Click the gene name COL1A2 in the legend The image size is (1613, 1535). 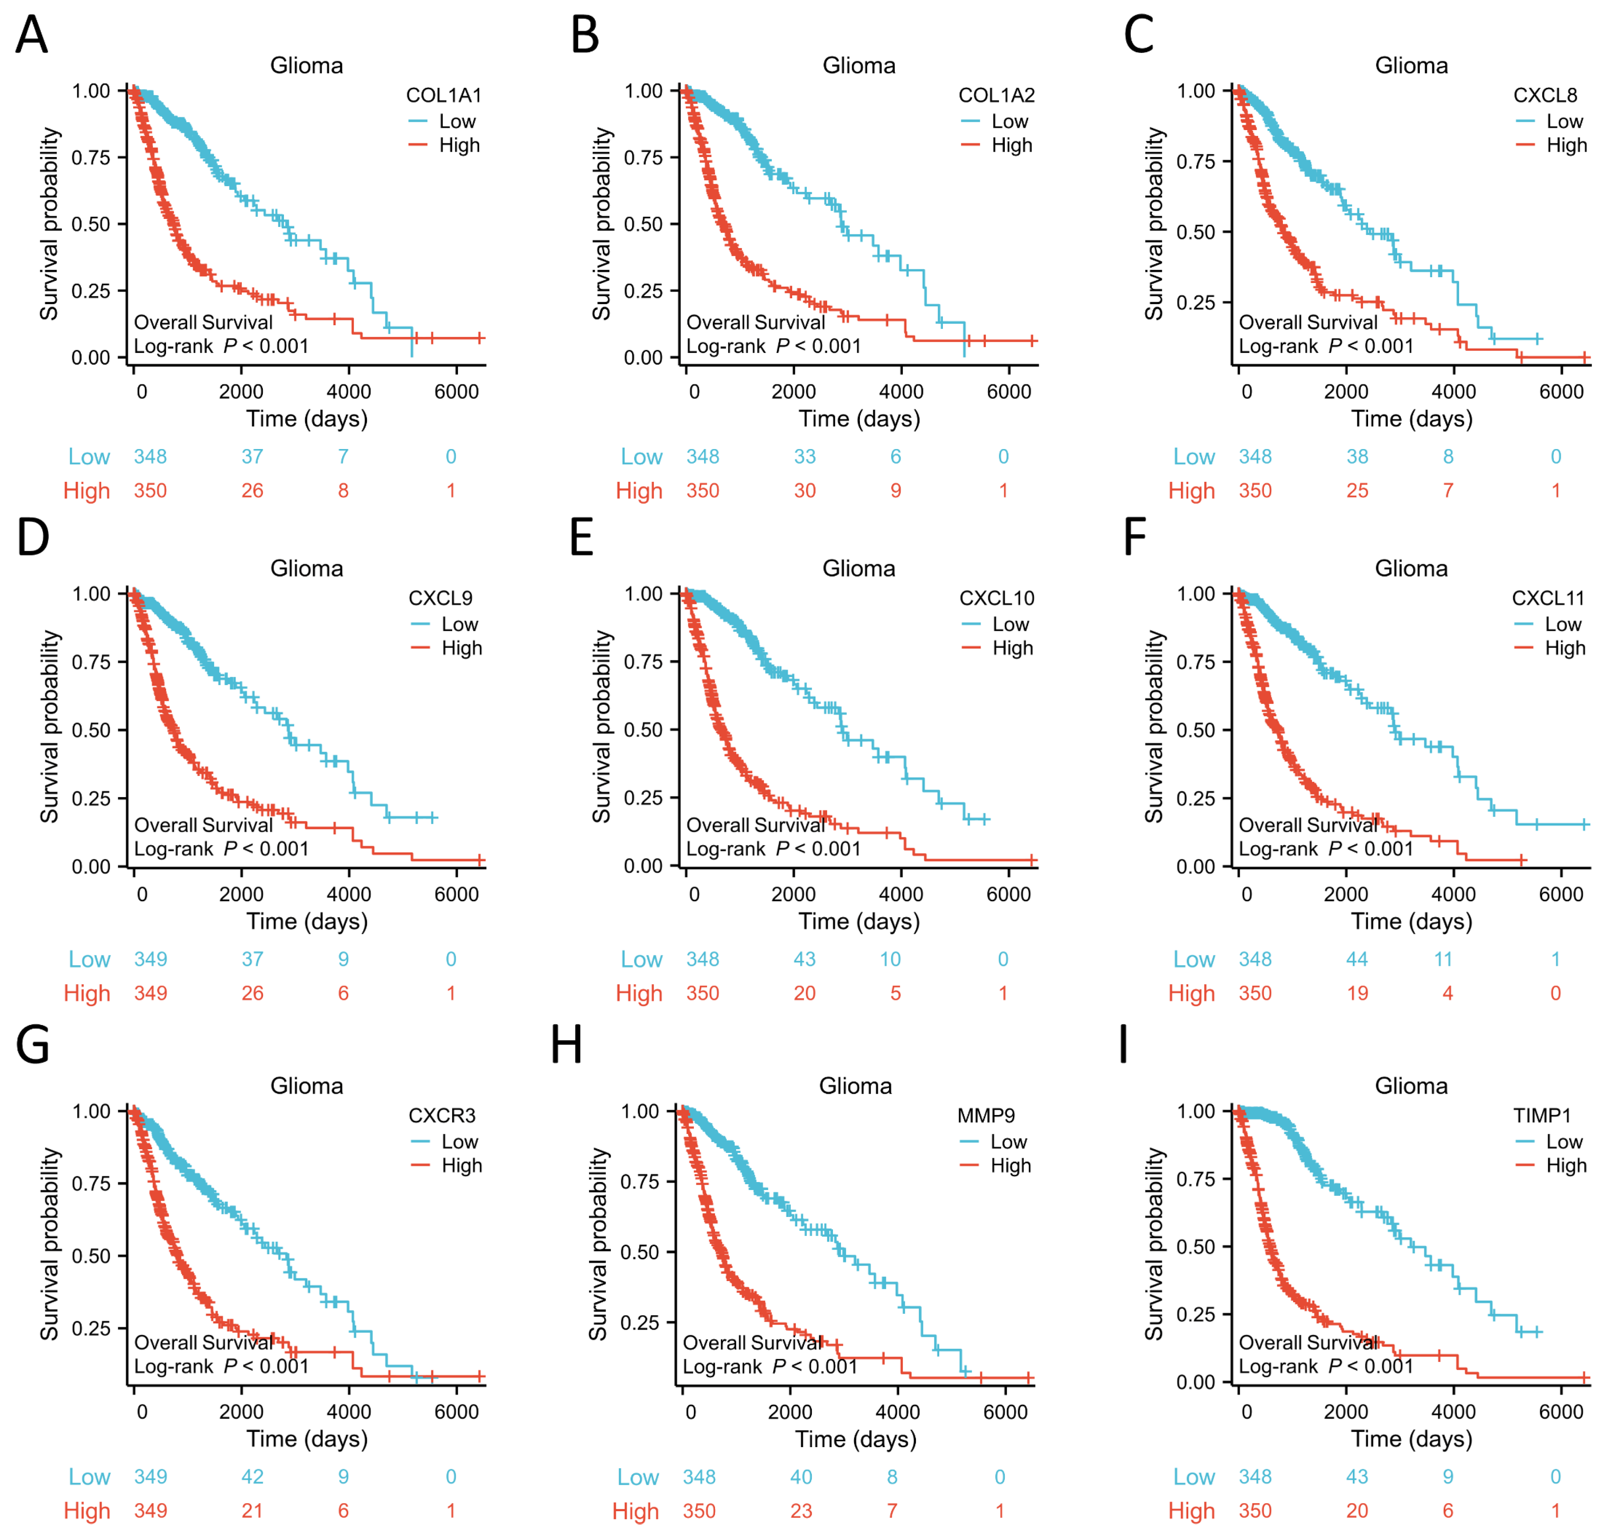996,96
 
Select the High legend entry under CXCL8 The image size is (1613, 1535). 1565,146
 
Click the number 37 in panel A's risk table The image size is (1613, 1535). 252,457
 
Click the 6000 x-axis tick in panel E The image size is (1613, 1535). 1008,894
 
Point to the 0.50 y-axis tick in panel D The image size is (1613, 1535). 91,730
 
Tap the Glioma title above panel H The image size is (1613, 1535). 855,1086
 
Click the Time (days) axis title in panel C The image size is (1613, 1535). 1411,419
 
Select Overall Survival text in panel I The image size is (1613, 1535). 1308,1343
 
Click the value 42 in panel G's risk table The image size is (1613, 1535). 252,1477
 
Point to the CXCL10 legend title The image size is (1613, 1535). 996,598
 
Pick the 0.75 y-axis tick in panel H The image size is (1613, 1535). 639,1182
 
